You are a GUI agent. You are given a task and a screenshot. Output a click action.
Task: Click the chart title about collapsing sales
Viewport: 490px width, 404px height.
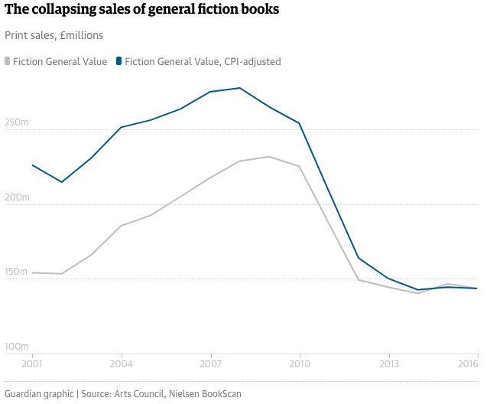coord(141,11)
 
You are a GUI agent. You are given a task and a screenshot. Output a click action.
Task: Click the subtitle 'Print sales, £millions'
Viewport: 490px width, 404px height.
coord(54,35)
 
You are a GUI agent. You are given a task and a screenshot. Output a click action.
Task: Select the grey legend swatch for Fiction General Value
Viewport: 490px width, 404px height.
coord(8,60)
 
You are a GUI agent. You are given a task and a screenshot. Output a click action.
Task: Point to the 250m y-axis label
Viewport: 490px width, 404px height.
coord(17,122)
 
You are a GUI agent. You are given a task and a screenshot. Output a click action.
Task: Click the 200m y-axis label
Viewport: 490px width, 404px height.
coord(17,197)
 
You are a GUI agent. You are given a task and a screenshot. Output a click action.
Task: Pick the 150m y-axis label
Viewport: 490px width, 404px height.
coord(17,272)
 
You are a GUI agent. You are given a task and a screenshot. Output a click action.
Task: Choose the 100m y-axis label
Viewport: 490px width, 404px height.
coord(17,347)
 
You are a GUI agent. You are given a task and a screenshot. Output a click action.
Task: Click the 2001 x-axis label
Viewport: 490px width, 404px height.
coord(32,364)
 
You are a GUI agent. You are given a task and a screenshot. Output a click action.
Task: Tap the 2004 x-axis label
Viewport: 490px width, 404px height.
coord(122,364)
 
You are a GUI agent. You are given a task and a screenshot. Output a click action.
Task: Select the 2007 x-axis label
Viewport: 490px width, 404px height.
coord(210,364)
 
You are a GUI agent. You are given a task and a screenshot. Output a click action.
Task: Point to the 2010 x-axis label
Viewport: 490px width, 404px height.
coord(300,364)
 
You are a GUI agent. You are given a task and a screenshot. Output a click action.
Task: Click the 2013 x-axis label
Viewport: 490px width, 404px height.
coord(389,364)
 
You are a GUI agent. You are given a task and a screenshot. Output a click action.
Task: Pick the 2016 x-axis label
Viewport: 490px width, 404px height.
coord(468,364)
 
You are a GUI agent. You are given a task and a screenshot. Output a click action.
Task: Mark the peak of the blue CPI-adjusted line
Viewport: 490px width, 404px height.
coord(240,88)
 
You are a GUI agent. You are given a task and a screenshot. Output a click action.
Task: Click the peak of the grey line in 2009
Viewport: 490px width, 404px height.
coord(269,157)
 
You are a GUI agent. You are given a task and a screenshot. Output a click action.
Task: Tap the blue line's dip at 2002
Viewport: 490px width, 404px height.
coord(62,182)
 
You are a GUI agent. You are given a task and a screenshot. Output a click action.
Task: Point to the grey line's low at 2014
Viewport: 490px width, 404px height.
coord(418,293)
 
